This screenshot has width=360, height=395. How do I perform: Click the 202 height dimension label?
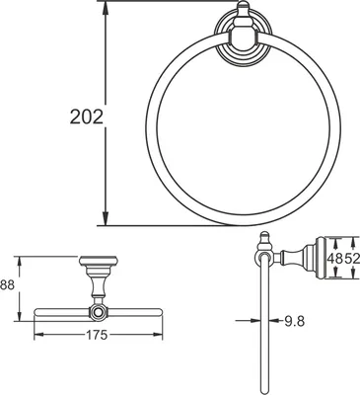point(87,117)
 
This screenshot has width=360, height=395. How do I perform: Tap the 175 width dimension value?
point(97,335)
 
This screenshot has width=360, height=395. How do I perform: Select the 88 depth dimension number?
point(7,285)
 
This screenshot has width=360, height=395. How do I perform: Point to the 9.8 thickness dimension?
point(295,321)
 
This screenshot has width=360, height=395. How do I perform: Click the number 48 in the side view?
point(334,258)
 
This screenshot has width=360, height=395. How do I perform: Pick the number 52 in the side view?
point(352,258)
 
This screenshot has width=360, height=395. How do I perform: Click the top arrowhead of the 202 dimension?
point(105,7)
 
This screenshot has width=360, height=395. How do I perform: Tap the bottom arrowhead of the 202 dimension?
point(105,219)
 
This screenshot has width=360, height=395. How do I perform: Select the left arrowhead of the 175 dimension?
point(39,335)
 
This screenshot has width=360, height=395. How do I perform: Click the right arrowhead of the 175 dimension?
point(158,335)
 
